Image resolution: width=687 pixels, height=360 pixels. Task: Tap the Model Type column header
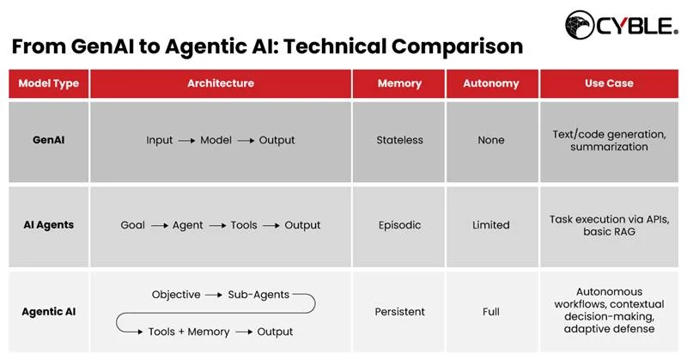[x=49, y=83]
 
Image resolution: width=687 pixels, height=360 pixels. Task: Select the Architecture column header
[x=221, y=83]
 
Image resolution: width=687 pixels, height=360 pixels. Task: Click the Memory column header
[x=399, y=83]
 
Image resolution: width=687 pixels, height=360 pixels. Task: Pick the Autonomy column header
[x=491, y=83]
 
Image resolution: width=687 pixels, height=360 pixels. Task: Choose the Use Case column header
[x=609, y=83]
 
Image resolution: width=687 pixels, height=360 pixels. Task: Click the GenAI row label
[x=49, y=140]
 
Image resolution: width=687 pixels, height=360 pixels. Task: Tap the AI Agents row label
[x=49, y=225]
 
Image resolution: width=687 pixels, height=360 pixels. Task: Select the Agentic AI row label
[x=49, y=312]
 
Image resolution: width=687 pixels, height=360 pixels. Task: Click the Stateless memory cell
[x=399, y=140]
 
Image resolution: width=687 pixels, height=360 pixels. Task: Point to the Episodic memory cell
[x=399, y=225]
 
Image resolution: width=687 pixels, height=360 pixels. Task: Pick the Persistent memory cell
[x=399, y=312]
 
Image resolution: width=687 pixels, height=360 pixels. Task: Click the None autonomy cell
[x=491, y=140]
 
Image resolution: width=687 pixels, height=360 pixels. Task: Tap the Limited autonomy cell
[x=491, y=225]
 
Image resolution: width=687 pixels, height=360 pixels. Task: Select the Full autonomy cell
[x=491, y=312]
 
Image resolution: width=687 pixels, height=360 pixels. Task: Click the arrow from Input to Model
[x=186, y=140]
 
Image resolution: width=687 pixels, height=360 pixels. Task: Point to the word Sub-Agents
[x=258, y=295]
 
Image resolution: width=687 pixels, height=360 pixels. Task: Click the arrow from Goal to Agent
[x=158, y=225]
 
